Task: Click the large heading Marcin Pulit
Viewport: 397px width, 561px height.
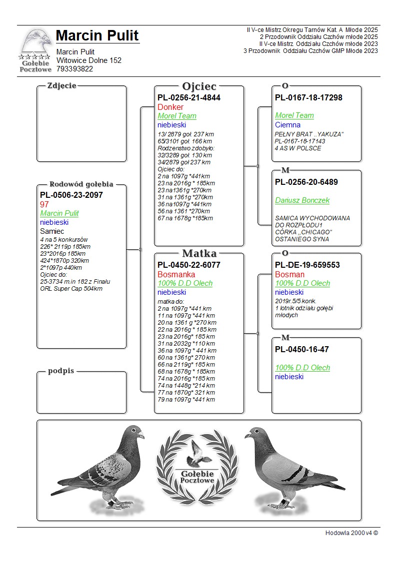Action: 97,35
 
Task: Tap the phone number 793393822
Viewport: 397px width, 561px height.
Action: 74,69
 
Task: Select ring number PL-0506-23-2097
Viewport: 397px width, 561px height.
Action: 71,195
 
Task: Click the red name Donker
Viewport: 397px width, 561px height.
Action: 170,107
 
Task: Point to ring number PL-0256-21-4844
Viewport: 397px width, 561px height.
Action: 189,97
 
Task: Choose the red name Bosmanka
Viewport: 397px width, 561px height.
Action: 176,274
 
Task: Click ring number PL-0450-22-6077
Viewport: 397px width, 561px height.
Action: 189,265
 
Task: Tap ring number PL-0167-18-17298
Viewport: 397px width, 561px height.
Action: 308,97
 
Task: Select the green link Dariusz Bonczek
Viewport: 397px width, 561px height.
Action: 302,200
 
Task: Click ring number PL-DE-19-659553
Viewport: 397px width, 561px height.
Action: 307,265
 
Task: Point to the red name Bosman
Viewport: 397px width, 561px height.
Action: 289,274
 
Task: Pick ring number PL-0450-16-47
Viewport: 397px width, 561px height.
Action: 302,349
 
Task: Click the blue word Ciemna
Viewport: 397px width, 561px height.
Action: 287,125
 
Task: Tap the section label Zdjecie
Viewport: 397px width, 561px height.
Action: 61,85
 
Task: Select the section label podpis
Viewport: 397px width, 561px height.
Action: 61,371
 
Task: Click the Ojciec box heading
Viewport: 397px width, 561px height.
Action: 199,86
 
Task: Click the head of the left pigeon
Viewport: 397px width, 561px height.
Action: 134,432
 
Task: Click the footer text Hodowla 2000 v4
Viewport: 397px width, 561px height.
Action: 351,533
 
